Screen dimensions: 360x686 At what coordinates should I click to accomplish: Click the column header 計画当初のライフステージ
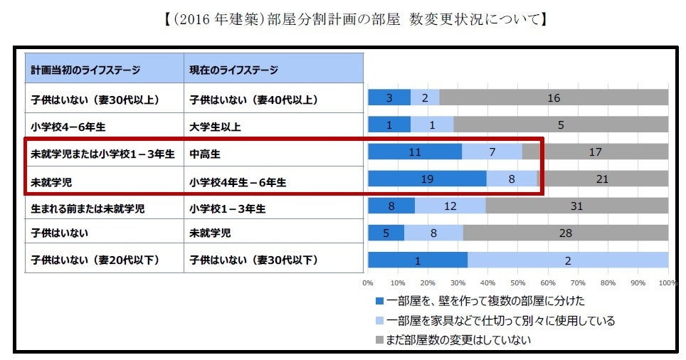pos(85,70)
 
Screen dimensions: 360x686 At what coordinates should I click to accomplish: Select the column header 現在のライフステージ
pos(233,70)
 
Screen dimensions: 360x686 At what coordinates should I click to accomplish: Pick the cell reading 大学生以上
pos(215,127)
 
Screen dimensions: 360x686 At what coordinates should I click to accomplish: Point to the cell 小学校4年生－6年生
pos(238,181)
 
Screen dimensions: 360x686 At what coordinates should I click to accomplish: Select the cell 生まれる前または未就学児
pos(88,208)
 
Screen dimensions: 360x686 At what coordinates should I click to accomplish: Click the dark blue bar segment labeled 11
pos(415,152)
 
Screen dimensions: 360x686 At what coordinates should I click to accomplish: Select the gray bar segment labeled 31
pos(576,206)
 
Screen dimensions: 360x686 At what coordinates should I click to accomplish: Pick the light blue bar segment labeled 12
pos(450,206)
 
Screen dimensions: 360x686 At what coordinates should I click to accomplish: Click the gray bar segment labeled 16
pos(554,98)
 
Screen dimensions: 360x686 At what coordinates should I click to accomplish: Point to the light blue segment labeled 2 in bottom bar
pos(567,260)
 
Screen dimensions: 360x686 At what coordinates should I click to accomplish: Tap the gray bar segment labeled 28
pos(565,233)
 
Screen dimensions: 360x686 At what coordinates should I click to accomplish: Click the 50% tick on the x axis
pos(518,282)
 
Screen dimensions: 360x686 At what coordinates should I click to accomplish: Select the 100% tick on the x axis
pos(667,282)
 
